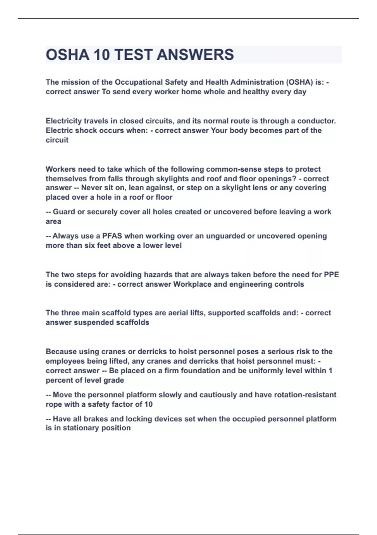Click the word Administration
tap(257, 82)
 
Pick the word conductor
tap(316, 121)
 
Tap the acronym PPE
tap(331, 275)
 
